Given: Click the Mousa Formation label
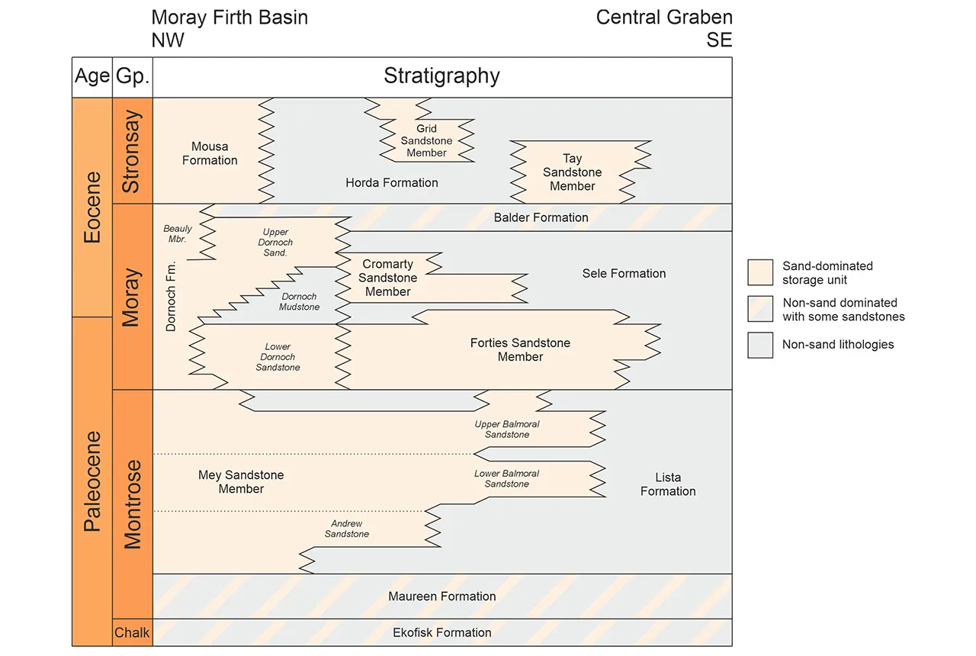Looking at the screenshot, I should [210, 153].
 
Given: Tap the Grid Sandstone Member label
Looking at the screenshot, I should [426, 141].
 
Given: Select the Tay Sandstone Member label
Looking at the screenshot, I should [572, 172].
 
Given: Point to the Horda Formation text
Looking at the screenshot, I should [392, 183].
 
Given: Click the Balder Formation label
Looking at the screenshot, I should [541, 217].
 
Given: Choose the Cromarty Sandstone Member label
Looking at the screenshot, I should [388, 278].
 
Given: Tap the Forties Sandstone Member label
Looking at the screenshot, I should [520, 350].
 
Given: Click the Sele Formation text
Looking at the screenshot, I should [624, 273].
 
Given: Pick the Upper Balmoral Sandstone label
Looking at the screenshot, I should [507, 429].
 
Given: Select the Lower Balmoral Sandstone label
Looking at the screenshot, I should [506, 479].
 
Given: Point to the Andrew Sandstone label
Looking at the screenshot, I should [347, 529].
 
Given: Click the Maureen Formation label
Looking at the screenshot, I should [442, 597].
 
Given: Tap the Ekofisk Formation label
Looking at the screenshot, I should [442, 632].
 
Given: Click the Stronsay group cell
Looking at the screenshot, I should [132, 151].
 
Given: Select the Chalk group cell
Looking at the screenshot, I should [132, 632].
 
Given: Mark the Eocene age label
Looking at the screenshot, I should [92, 207].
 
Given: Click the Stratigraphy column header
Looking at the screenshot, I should [441, 76].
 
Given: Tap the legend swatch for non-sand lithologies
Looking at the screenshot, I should [760, 345].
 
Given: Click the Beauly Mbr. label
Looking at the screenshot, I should [178, 233].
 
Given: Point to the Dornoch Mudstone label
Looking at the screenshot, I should [299, 301].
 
